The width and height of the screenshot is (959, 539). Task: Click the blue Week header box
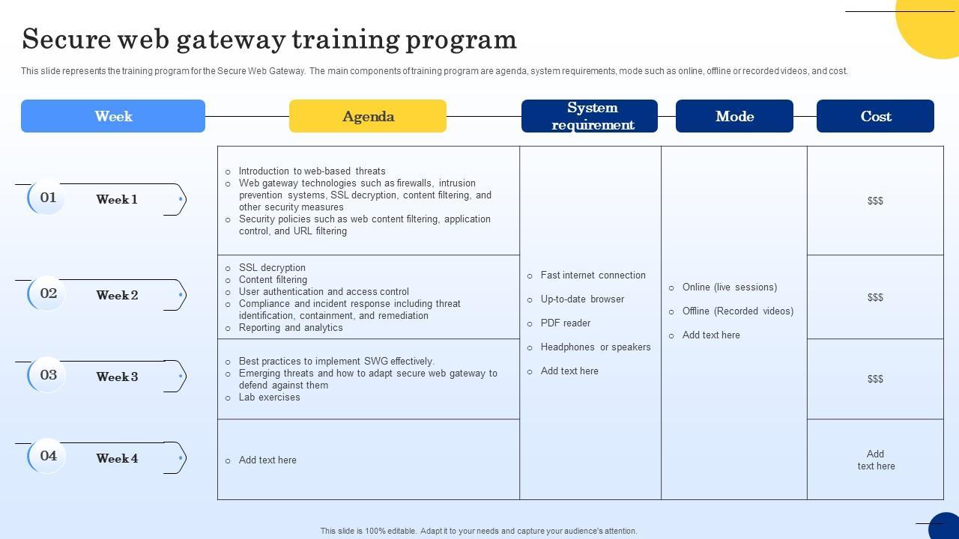pyautogui.click(x=113, y=116)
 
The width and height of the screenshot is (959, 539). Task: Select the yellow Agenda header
pyautogui.click(x=368, y=116)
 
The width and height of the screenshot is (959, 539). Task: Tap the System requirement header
pyautogui.click(x=590, y=116)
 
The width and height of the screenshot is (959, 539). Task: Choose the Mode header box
pyautogui.click(x=734, y=116)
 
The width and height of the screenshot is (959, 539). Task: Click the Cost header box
pyautogui.click(x=875, y=116)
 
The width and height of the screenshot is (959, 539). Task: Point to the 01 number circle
pyautogui.click(x=48, y=198)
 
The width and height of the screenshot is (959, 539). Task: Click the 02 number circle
pyautogui.click(x=48, y=293)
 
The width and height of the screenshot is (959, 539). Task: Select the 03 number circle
pyautogui.click(x=48, y=375)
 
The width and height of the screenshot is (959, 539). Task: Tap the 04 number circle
pyautogui.click(x=48, y=456)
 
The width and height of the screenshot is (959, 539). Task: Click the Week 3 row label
pyautogui.click(x=117, y=377)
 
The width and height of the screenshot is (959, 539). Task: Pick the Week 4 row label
pyautogui.click(x=117, y=458)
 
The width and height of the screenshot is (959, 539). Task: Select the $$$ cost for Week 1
pyautogui.click(x=875, y=201)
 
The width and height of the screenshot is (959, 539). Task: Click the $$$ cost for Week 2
pyautogui.click(x=875, y=297)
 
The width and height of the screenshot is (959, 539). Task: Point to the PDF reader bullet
pyautogui.click(x=566, y=323)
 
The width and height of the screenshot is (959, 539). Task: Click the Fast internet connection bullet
pyautogui.click(x=593, y=275)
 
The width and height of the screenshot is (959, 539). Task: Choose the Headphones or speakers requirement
pyautogui.click(x=596, y=347)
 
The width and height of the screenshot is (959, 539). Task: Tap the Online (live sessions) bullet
pyautogui.click(x=729, y=287)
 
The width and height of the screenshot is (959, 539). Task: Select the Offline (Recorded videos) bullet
pyautogui.click(x=737, y=311)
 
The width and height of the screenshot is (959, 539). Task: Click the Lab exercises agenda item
pyautogui.click(x=269, y=398)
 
